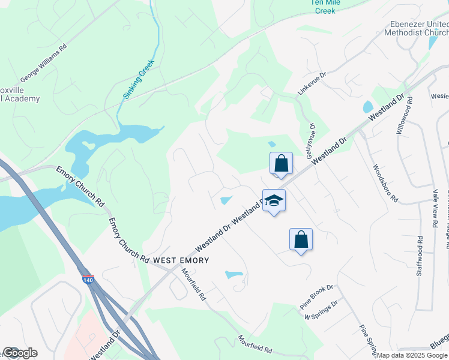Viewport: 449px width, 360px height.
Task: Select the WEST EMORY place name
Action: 181,260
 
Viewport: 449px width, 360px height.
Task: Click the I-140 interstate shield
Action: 88,279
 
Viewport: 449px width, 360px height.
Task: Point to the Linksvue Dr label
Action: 312,83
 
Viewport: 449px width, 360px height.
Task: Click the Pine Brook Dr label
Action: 316,297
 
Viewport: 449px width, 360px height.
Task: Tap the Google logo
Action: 20,353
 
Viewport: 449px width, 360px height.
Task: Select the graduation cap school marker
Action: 274,201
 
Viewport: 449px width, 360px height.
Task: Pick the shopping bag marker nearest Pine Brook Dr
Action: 301,240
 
